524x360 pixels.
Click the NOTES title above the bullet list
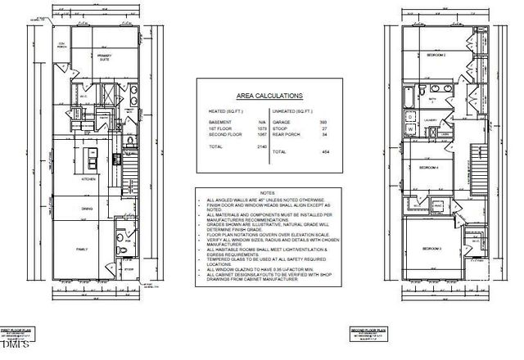pos(259,193)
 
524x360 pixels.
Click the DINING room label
pos(86,208)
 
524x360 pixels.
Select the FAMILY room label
pos(83,248)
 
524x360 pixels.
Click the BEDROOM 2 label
pos(436,56)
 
